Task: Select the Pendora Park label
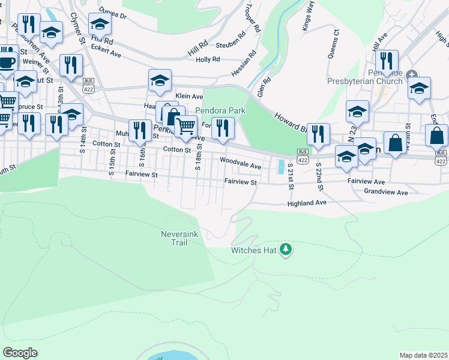coord(221,110)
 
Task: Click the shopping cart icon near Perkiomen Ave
coord(186,126)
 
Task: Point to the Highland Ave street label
coord(306,203)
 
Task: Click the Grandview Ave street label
coord(385,193)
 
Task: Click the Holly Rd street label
coord(208,59)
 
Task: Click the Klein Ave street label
coord(189,96)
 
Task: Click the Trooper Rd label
coord(252,18)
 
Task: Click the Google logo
coord(20,352)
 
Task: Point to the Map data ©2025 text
coord(423,355)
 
